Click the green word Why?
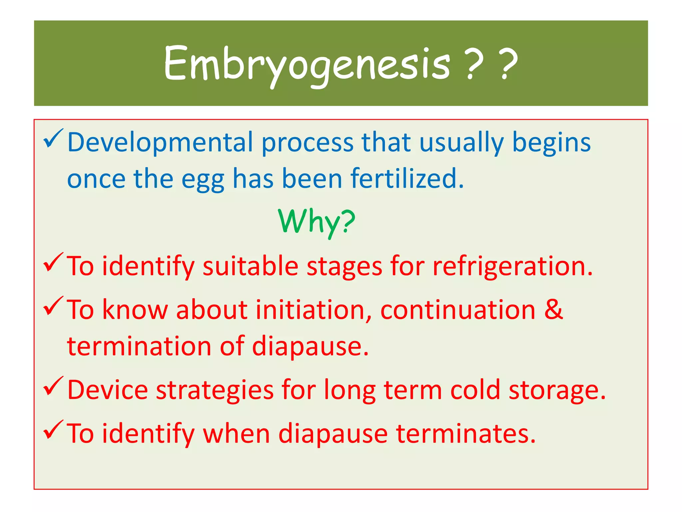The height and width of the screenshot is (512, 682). (x=317, y=222)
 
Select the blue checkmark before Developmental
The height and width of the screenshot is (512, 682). (x=53, y=139)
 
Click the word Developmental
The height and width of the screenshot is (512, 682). (x=160, y=143)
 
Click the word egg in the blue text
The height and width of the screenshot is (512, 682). (x=202, y=180)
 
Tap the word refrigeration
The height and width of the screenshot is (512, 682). (x=512, y=267)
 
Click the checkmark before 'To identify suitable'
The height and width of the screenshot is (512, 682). (x=53, y=263)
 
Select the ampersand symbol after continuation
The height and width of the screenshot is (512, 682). (x=553, y=310)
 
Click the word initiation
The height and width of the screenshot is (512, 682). (x=313, y=310)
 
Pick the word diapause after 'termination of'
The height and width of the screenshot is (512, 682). (x=310, y=347)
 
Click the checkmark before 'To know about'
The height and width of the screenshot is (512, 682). (x=53, y=306)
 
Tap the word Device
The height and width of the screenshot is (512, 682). (x=107, y=390)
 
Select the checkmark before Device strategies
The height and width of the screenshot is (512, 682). (x=53, y=386)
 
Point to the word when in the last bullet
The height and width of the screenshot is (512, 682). (x=236, y=434)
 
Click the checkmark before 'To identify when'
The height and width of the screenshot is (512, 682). (x=53, y=430)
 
